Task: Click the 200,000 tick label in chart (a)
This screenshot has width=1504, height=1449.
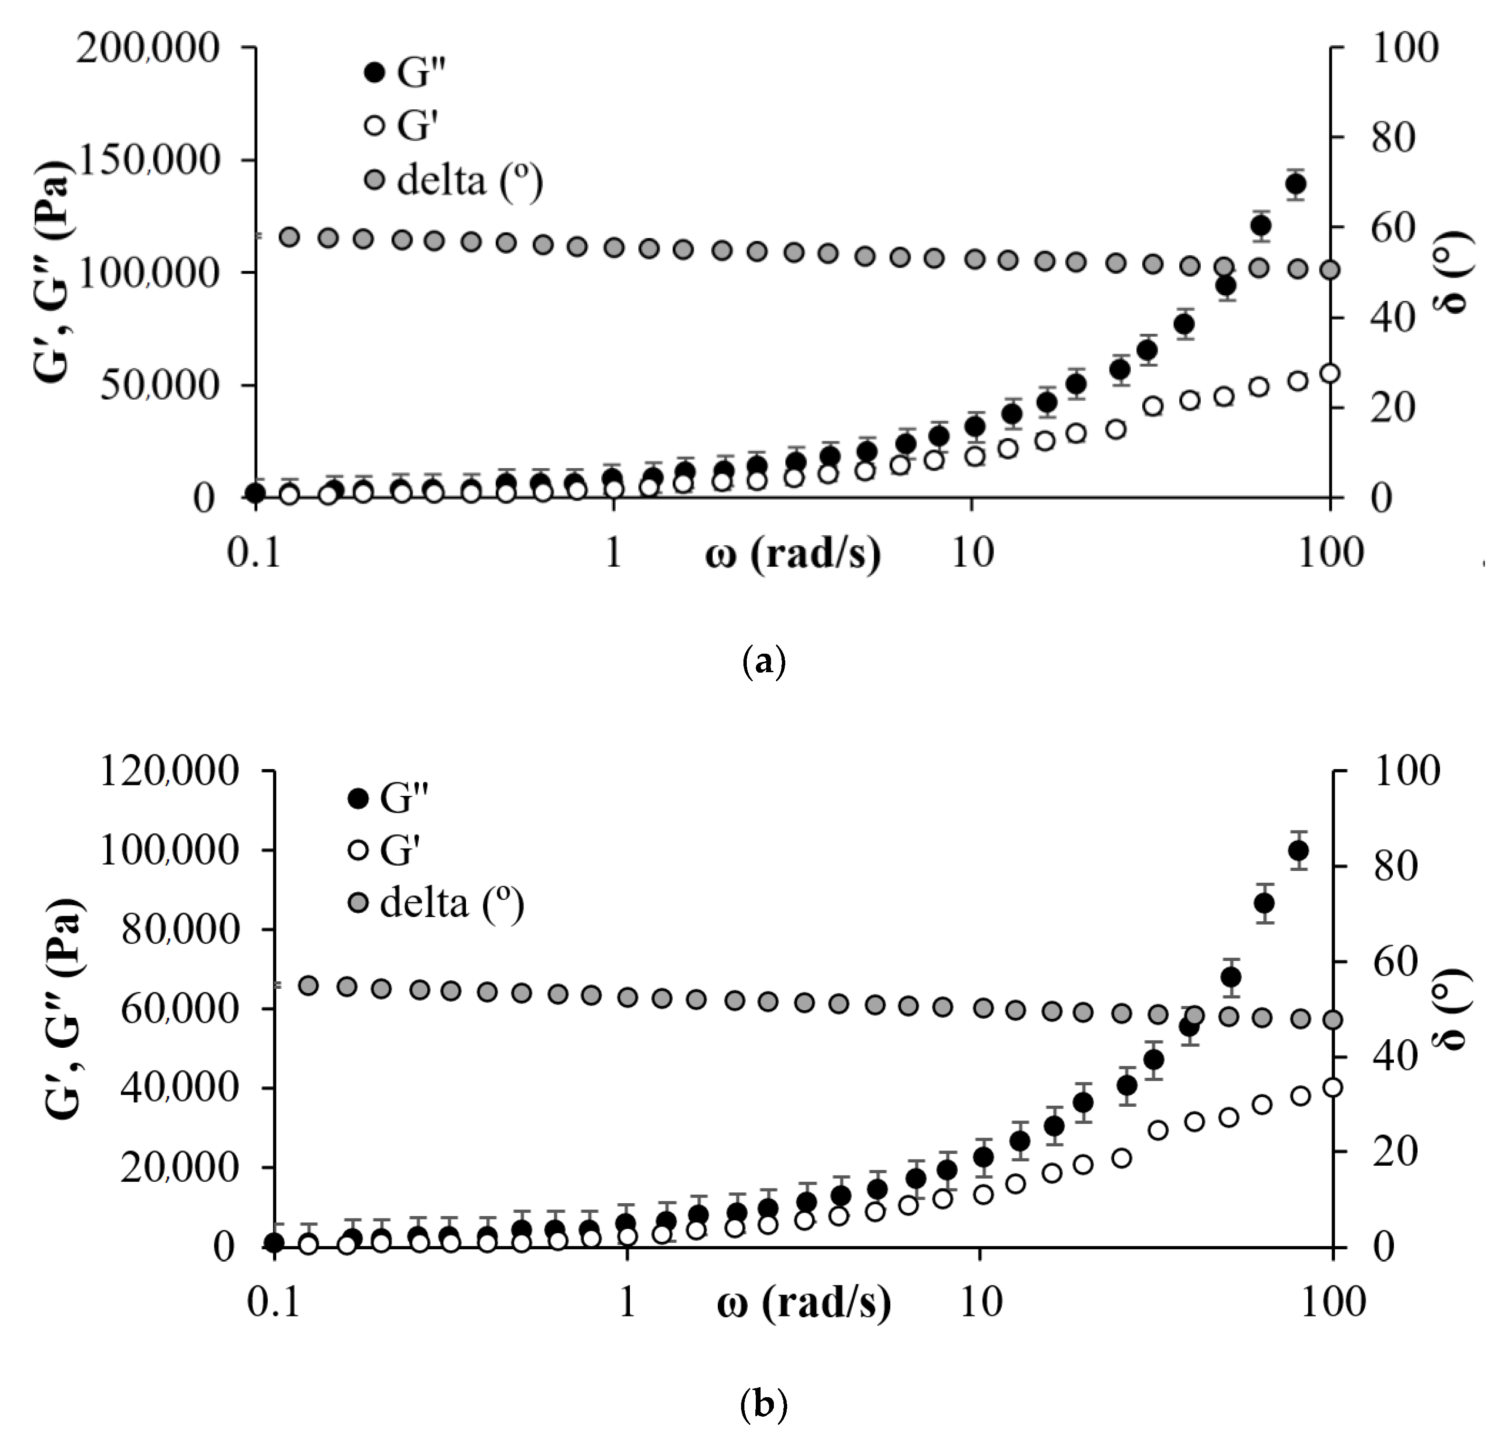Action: (x=147, y=49)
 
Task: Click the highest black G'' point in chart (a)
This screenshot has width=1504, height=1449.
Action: (x=1296, y=184)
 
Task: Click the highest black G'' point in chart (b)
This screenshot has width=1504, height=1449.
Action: (x=1298, y=850)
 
